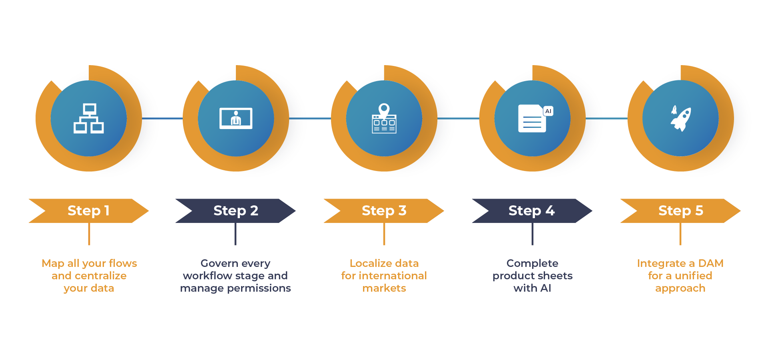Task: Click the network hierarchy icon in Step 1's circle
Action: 89,118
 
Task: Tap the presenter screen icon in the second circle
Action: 236,118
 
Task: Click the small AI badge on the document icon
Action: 548,111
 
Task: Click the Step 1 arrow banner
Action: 88,211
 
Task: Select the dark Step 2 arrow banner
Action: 235,211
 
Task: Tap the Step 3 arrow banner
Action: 384,211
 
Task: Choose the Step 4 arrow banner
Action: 532,211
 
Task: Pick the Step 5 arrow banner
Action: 680,211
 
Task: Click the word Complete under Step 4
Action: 532,263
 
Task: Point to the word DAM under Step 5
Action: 710,263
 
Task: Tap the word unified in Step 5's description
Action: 693,276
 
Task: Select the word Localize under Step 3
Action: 370,263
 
